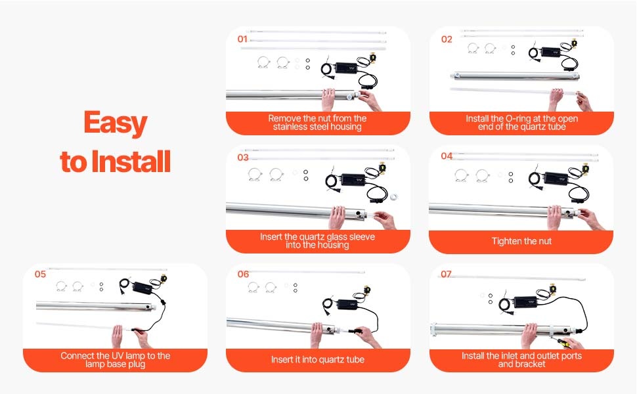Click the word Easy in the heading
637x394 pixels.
point(116,123)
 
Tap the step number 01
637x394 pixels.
point(242,39)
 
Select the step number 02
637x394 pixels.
point(447,39)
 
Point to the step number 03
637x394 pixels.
point(243,158)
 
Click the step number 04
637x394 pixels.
point(447,156)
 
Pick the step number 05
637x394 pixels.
point(40,274)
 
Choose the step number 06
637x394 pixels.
point(243,274)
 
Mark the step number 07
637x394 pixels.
point(446,274)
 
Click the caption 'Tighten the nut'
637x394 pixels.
point(521,241)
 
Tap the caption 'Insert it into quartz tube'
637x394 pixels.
point(318,359)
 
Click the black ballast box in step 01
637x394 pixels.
point(346,68)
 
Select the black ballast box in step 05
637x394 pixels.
point(143,288)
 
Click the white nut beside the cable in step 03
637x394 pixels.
point(393,198)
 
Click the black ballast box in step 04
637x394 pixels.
point(556,178)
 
